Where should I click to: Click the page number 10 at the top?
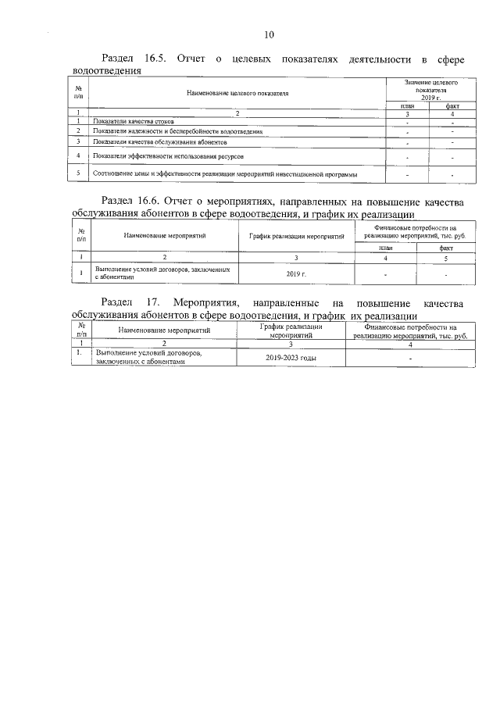click(269, 34)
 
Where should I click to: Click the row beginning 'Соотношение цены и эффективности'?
click(225, 173)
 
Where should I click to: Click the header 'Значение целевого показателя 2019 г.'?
click(430, 90)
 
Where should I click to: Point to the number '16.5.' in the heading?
click(158, 59)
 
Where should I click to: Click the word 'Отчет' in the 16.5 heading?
click(191, 59)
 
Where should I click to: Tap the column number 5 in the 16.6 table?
click(445, 257)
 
